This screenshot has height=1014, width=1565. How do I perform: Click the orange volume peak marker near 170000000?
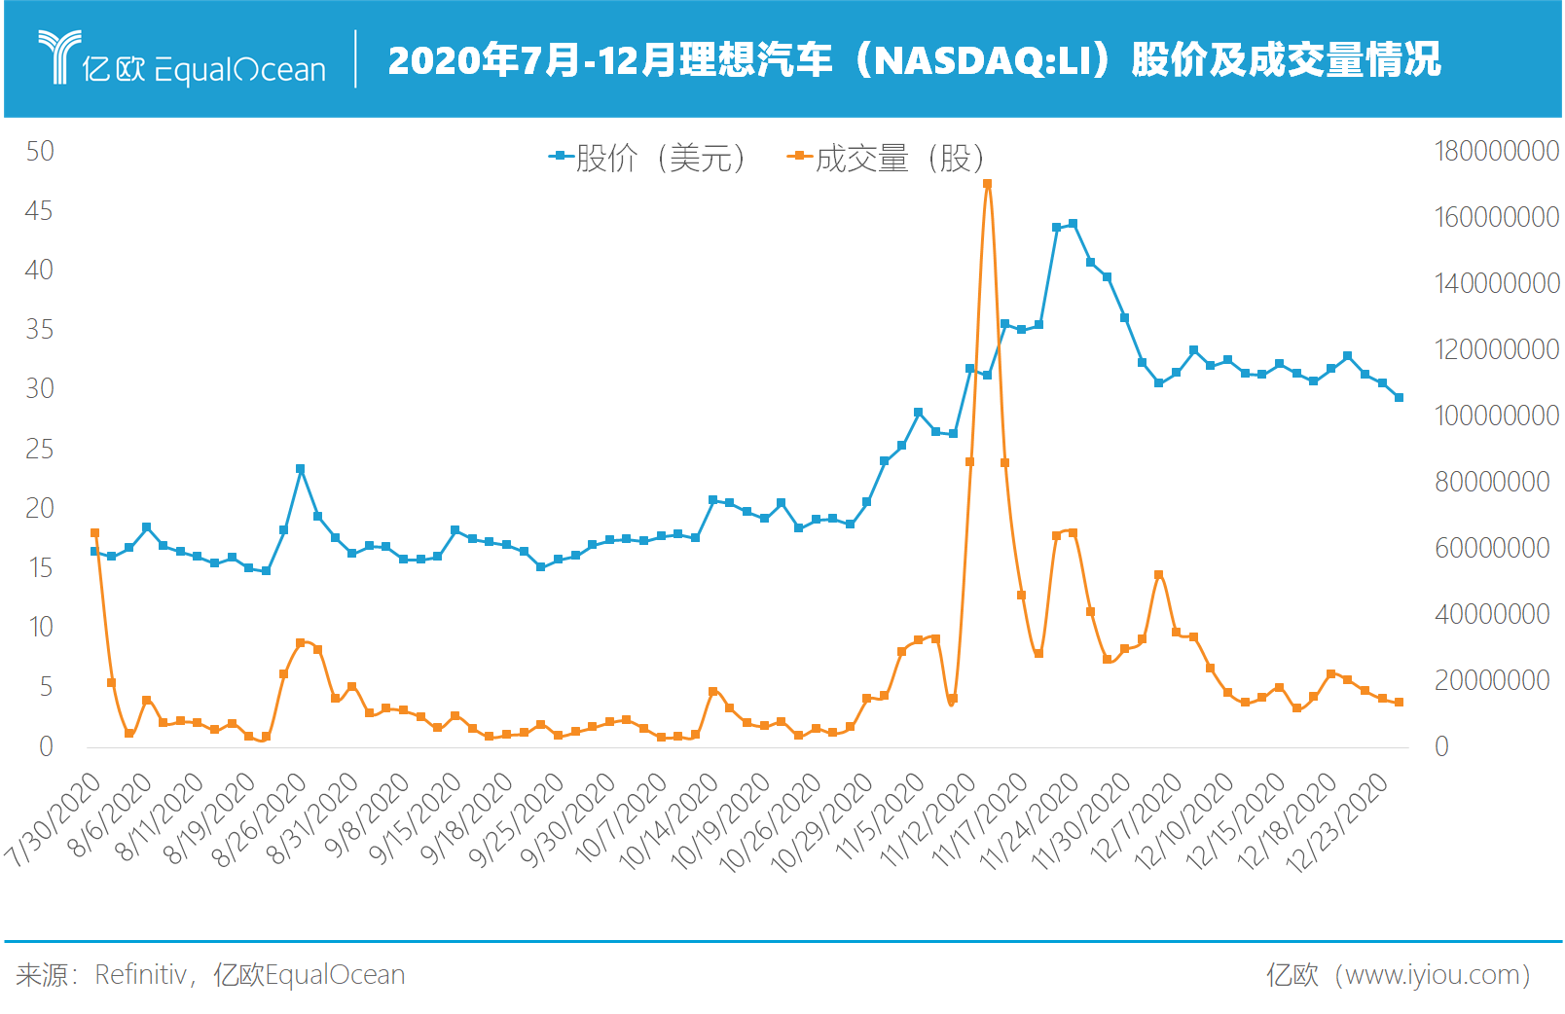coord(987,183)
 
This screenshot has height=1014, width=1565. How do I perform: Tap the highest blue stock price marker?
coord(1073,224)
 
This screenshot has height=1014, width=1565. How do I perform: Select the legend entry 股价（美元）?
coord(649,157)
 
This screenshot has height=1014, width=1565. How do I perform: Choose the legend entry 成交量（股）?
coord(888,157)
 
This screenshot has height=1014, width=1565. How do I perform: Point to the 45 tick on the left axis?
coord(39,211)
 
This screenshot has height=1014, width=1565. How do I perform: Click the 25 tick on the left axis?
coord(39,449)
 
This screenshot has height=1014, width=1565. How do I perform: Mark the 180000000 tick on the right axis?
coord(1496,151)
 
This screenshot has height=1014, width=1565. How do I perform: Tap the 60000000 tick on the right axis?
coord(1491,548)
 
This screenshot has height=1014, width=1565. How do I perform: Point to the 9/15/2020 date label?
coord(417,819)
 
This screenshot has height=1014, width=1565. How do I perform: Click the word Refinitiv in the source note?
coord(140,974)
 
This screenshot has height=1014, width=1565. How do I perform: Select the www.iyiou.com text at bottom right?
coord(1431,974)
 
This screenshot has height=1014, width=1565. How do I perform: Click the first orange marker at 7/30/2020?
coord(94,533)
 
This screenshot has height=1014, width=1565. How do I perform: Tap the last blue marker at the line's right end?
coord(1399,397)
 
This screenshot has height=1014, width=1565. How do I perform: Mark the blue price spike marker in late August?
coord(300,469)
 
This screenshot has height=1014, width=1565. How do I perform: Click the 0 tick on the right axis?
coord(1441,746)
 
